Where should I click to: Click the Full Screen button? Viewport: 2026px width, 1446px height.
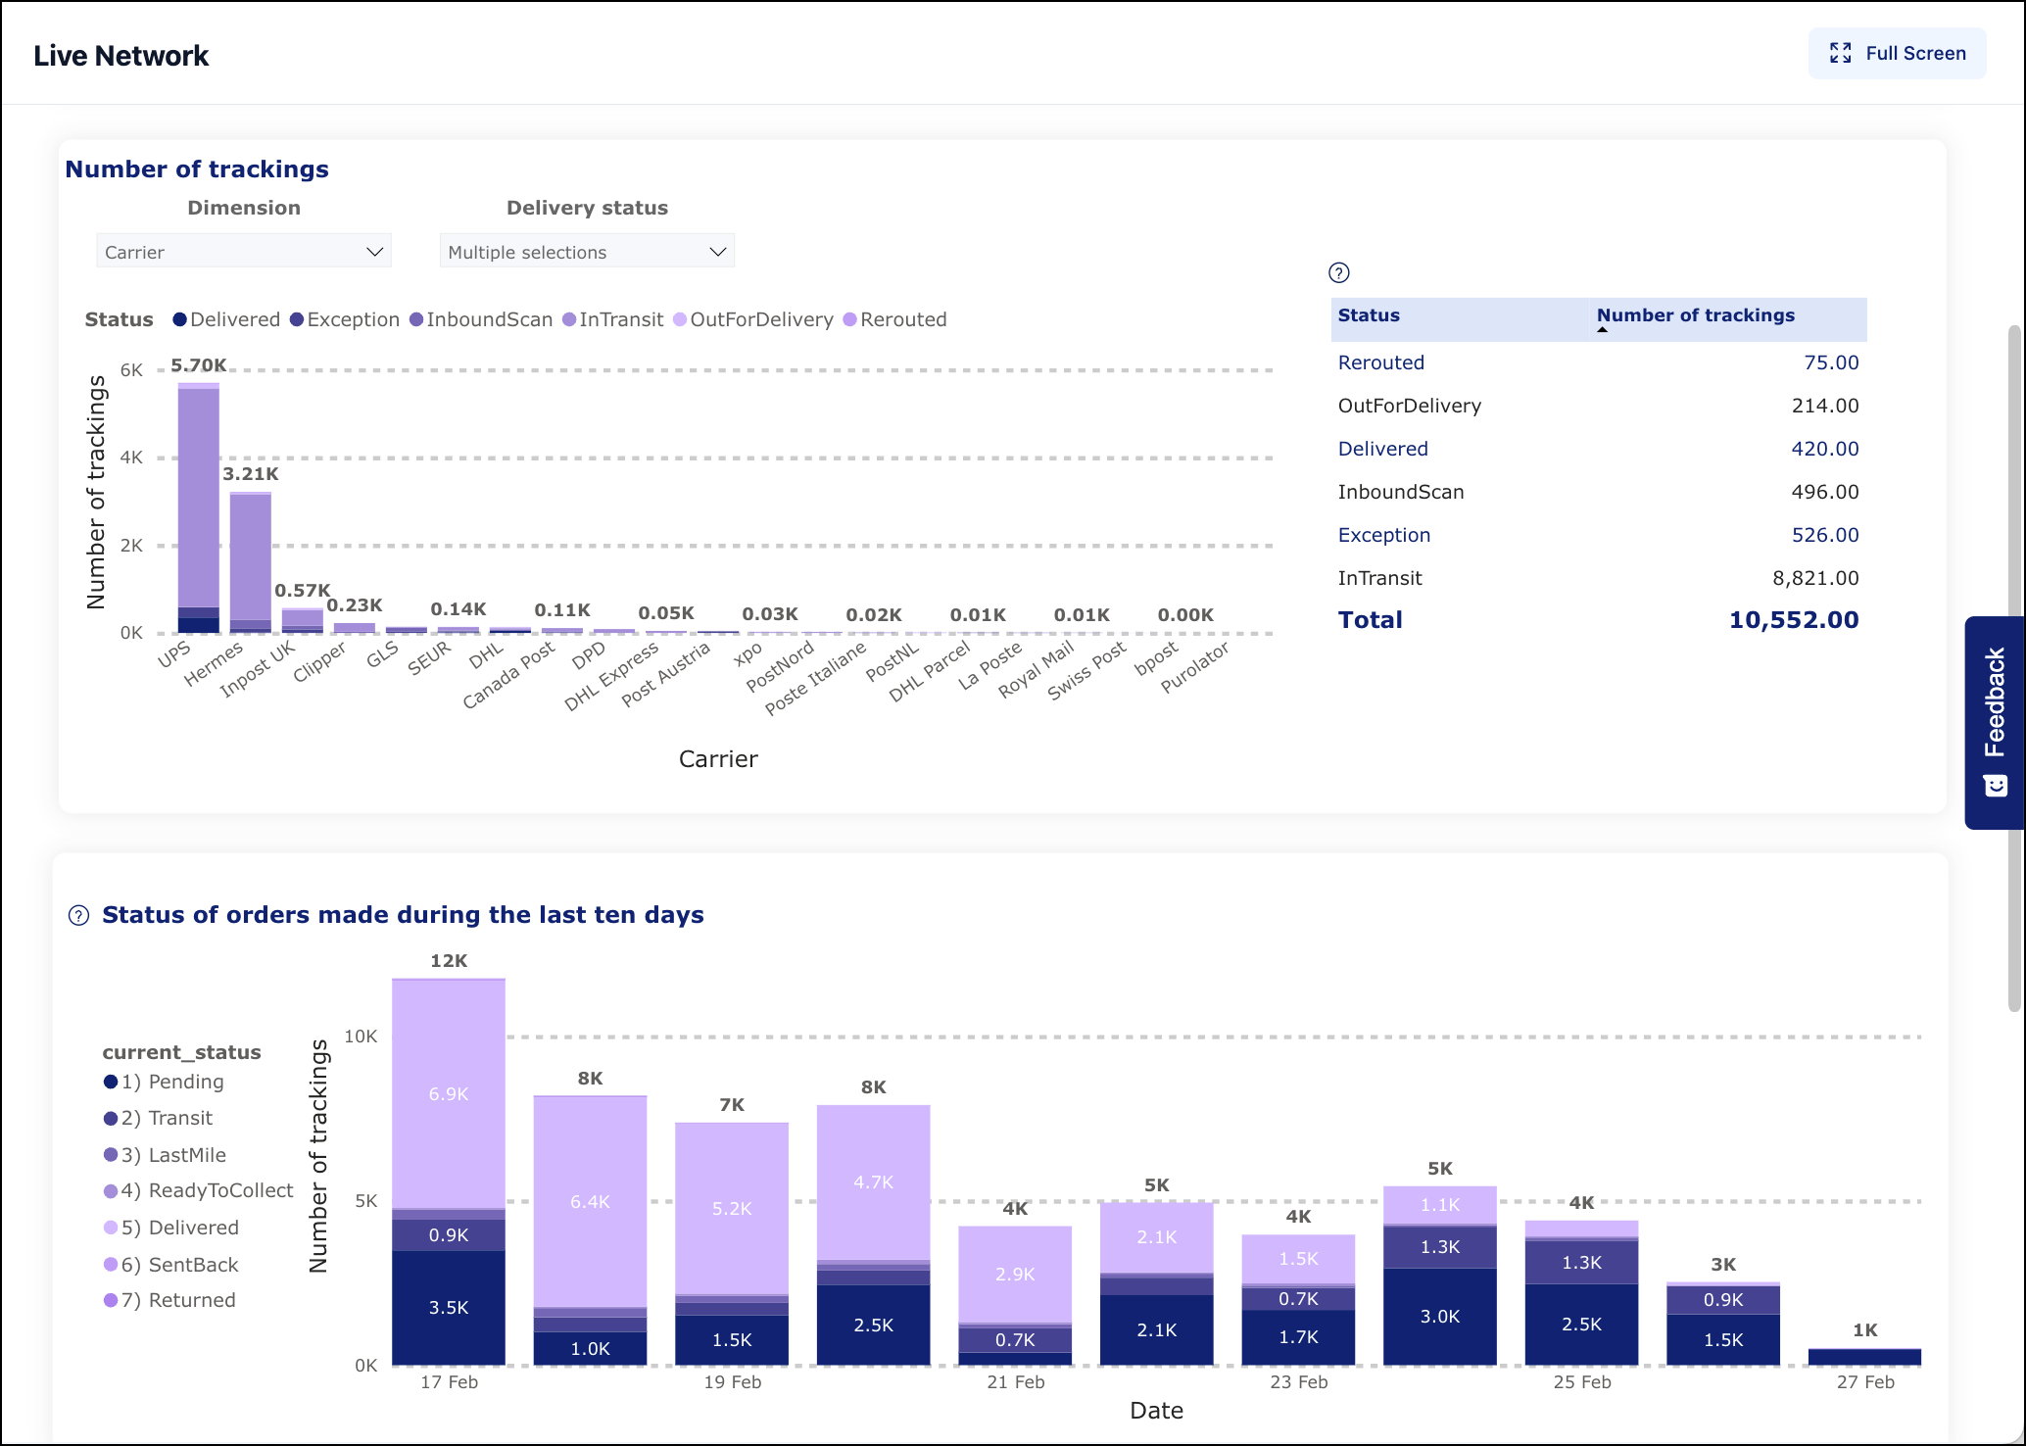1897,54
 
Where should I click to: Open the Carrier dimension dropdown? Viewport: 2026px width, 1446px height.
243,252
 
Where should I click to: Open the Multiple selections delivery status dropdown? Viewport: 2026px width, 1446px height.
586,252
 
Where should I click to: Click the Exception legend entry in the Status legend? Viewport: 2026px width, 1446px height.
345,319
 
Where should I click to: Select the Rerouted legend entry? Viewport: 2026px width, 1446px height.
894,319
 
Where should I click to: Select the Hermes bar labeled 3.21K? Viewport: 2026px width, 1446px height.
251,558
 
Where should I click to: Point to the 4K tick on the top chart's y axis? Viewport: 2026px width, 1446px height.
131,458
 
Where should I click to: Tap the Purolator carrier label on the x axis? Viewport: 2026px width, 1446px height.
1194,668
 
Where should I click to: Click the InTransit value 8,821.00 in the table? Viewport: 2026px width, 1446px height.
1814,578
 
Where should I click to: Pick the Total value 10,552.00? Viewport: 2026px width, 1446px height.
1793,620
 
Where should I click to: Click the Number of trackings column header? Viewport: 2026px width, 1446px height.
1695,315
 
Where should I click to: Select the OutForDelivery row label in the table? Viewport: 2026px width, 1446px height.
1409,406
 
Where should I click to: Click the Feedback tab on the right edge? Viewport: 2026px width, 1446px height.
1995,722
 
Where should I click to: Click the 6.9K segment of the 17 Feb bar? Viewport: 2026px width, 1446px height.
449,1093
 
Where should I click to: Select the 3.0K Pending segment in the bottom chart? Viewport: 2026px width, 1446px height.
1439,1317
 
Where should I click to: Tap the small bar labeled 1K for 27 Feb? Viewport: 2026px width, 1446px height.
1863,1357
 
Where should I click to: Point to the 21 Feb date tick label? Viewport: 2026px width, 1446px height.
1015,1382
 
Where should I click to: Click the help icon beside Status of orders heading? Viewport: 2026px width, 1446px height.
78,916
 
